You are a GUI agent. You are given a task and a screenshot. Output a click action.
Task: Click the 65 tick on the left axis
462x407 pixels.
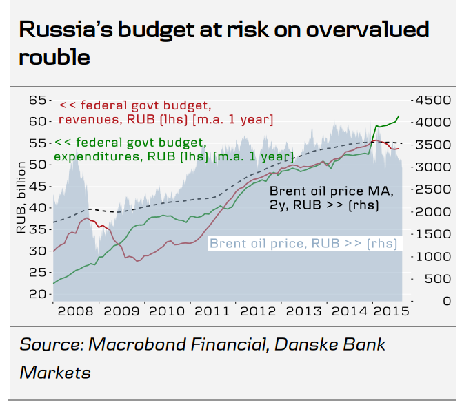(x=36, y=100)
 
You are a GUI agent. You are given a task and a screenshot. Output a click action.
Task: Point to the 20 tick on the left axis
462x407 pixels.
(x=36, y=294)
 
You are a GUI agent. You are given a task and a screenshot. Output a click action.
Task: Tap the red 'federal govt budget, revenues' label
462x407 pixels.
(x=166, y=113)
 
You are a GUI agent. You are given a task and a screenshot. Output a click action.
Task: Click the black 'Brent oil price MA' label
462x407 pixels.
(x=331, y=198)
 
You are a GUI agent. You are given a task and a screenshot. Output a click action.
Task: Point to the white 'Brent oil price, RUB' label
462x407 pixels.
(x=304, y=243)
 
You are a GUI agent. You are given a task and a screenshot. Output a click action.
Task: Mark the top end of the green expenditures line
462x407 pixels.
(x=399, y=116)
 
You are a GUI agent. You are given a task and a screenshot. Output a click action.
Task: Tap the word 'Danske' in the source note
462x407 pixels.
(x=302, y=345)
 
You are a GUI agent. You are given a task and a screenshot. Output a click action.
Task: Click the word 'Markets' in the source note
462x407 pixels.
(x=55, y=373)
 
